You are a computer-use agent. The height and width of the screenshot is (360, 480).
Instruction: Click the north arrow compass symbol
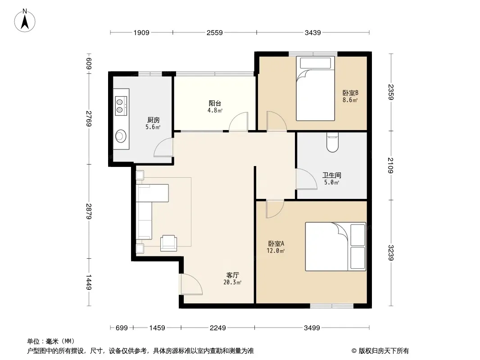tap(25, 21)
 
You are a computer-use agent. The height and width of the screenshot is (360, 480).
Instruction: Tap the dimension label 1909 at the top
tap(141, 32)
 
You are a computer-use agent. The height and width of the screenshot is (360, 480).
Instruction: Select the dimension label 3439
tap(312, 32)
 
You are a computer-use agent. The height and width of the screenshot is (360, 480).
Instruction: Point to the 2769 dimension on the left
tap(89, 118)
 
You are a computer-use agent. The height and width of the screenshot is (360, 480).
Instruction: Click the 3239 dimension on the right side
tap(390, 252)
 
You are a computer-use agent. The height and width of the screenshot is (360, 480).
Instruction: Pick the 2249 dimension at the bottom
tap(217, 328)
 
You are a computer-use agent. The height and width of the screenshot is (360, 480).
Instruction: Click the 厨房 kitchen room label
tap(153, 120)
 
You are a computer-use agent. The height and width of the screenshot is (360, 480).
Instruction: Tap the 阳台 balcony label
tap(215, 103)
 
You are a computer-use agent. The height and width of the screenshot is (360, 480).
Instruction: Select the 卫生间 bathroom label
tap(331, 175)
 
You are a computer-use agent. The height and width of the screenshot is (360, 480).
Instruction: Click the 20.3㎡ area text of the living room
tap(232, 282)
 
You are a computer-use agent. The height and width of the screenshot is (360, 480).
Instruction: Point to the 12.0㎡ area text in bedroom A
tap(276, 251)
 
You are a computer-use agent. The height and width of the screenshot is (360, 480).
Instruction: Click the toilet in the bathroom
tap(332, 142)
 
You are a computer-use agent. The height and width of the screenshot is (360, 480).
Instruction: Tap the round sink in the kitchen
tap(121, 136)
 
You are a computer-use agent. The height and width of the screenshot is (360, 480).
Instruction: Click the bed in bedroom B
tap(315, 88)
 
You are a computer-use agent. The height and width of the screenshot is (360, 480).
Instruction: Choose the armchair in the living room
tap(168, 243)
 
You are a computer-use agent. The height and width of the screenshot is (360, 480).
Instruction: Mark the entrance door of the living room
tap(191, 284)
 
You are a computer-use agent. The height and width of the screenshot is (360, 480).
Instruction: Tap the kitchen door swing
tap(163, 148)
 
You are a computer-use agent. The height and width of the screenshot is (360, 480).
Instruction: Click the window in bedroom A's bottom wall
tap(332, 306)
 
